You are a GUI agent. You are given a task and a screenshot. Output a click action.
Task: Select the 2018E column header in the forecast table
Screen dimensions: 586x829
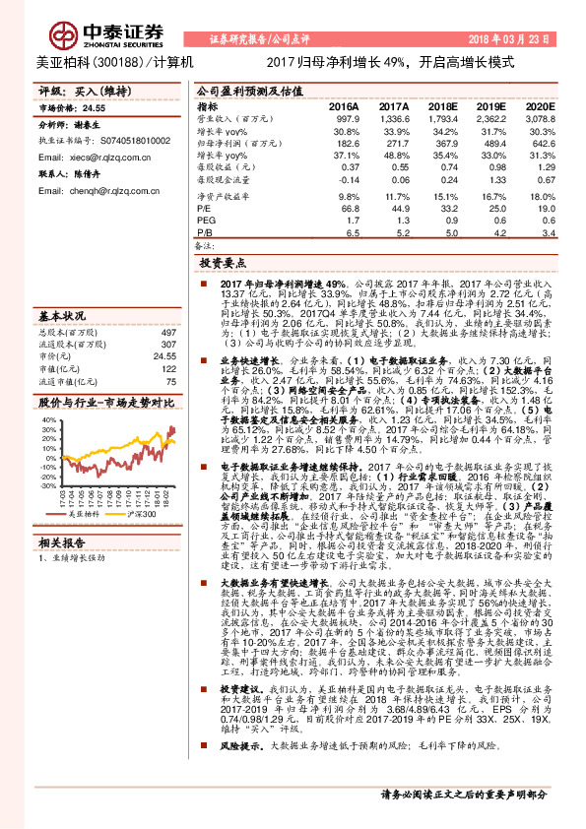[442, 105]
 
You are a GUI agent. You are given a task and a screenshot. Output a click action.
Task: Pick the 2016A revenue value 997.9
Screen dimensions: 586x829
[345, 117]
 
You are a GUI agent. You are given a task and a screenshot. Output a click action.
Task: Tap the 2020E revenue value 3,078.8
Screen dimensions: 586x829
[539, 117]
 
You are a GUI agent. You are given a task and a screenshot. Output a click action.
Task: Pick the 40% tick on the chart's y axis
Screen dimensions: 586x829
[48, 420]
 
